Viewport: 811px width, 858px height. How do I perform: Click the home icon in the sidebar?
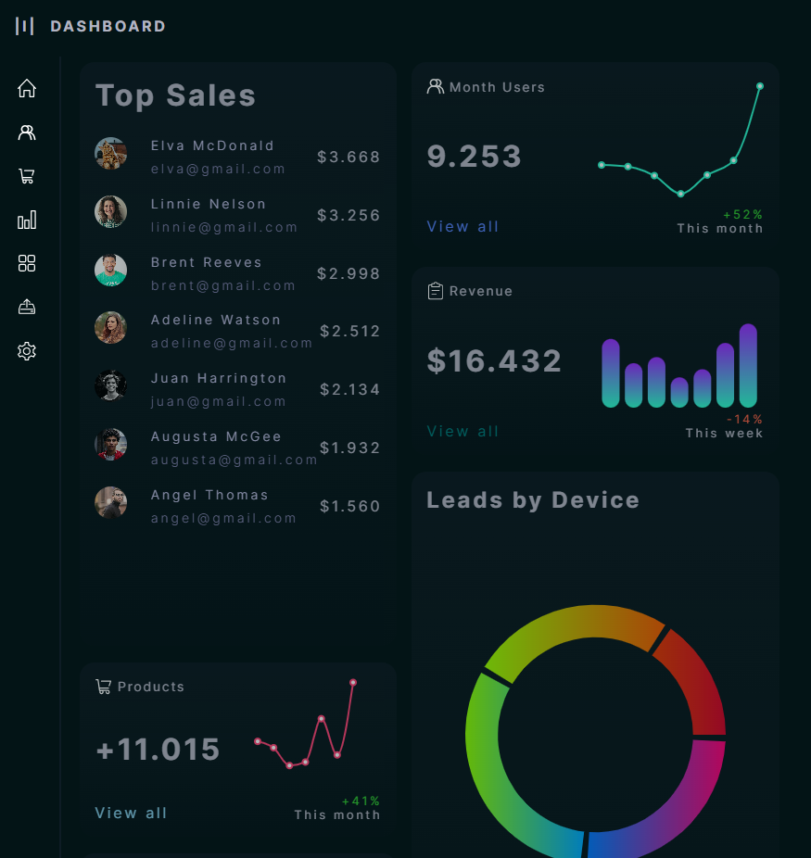coord(27,88)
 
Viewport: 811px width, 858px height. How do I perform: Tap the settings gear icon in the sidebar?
coord(27,351)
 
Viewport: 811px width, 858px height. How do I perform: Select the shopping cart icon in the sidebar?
coord(27,176)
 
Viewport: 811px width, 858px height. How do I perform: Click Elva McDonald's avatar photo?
coord(110,154)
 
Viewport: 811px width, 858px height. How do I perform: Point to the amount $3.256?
coord(348,215)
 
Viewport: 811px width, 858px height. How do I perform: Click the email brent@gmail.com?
coord(223,285)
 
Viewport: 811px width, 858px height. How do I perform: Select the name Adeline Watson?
coord(216,320)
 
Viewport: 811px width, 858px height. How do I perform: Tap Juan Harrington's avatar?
coord(110,385)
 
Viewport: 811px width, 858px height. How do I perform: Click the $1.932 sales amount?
coord(349,448)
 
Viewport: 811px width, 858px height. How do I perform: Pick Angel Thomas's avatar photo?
coord(110,502)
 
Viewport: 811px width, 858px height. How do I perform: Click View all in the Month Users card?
coord(463,226)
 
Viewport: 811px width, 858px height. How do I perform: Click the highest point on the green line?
coord(760,86)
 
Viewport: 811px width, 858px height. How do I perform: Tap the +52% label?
coord(742,214)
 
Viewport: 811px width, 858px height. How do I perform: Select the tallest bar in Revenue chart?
coord(749,365)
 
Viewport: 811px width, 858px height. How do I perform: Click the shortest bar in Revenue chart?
coord(679,392)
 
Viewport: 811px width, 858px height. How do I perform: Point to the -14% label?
coord(744,419)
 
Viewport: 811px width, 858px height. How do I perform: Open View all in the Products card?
coord(131,813)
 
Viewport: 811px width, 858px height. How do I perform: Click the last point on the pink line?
coord(353,683)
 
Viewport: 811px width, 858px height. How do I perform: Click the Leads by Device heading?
coord(533,500)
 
